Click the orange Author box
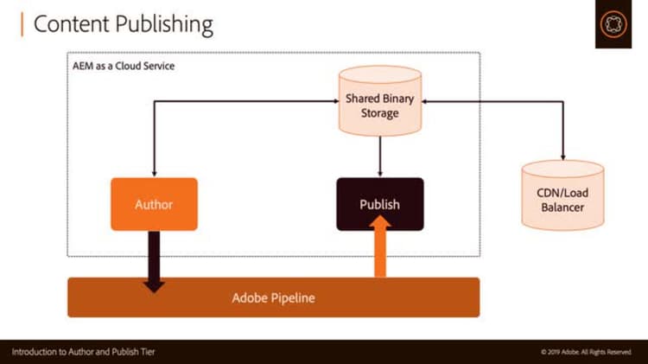tap(154, 204)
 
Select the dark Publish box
tap(380, 204)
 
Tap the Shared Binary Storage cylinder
tap(380, 105)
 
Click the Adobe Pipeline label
tap(273, 298)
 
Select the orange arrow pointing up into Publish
tap(380, 246)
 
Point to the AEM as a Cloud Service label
tap(123, 66)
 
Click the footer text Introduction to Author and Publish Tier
tap(83, 352)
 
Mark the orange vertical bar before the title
tap(21, 23)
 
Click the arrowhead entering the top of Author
tap(154, 173)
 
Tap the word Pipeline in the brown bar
tap(292, 298)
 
